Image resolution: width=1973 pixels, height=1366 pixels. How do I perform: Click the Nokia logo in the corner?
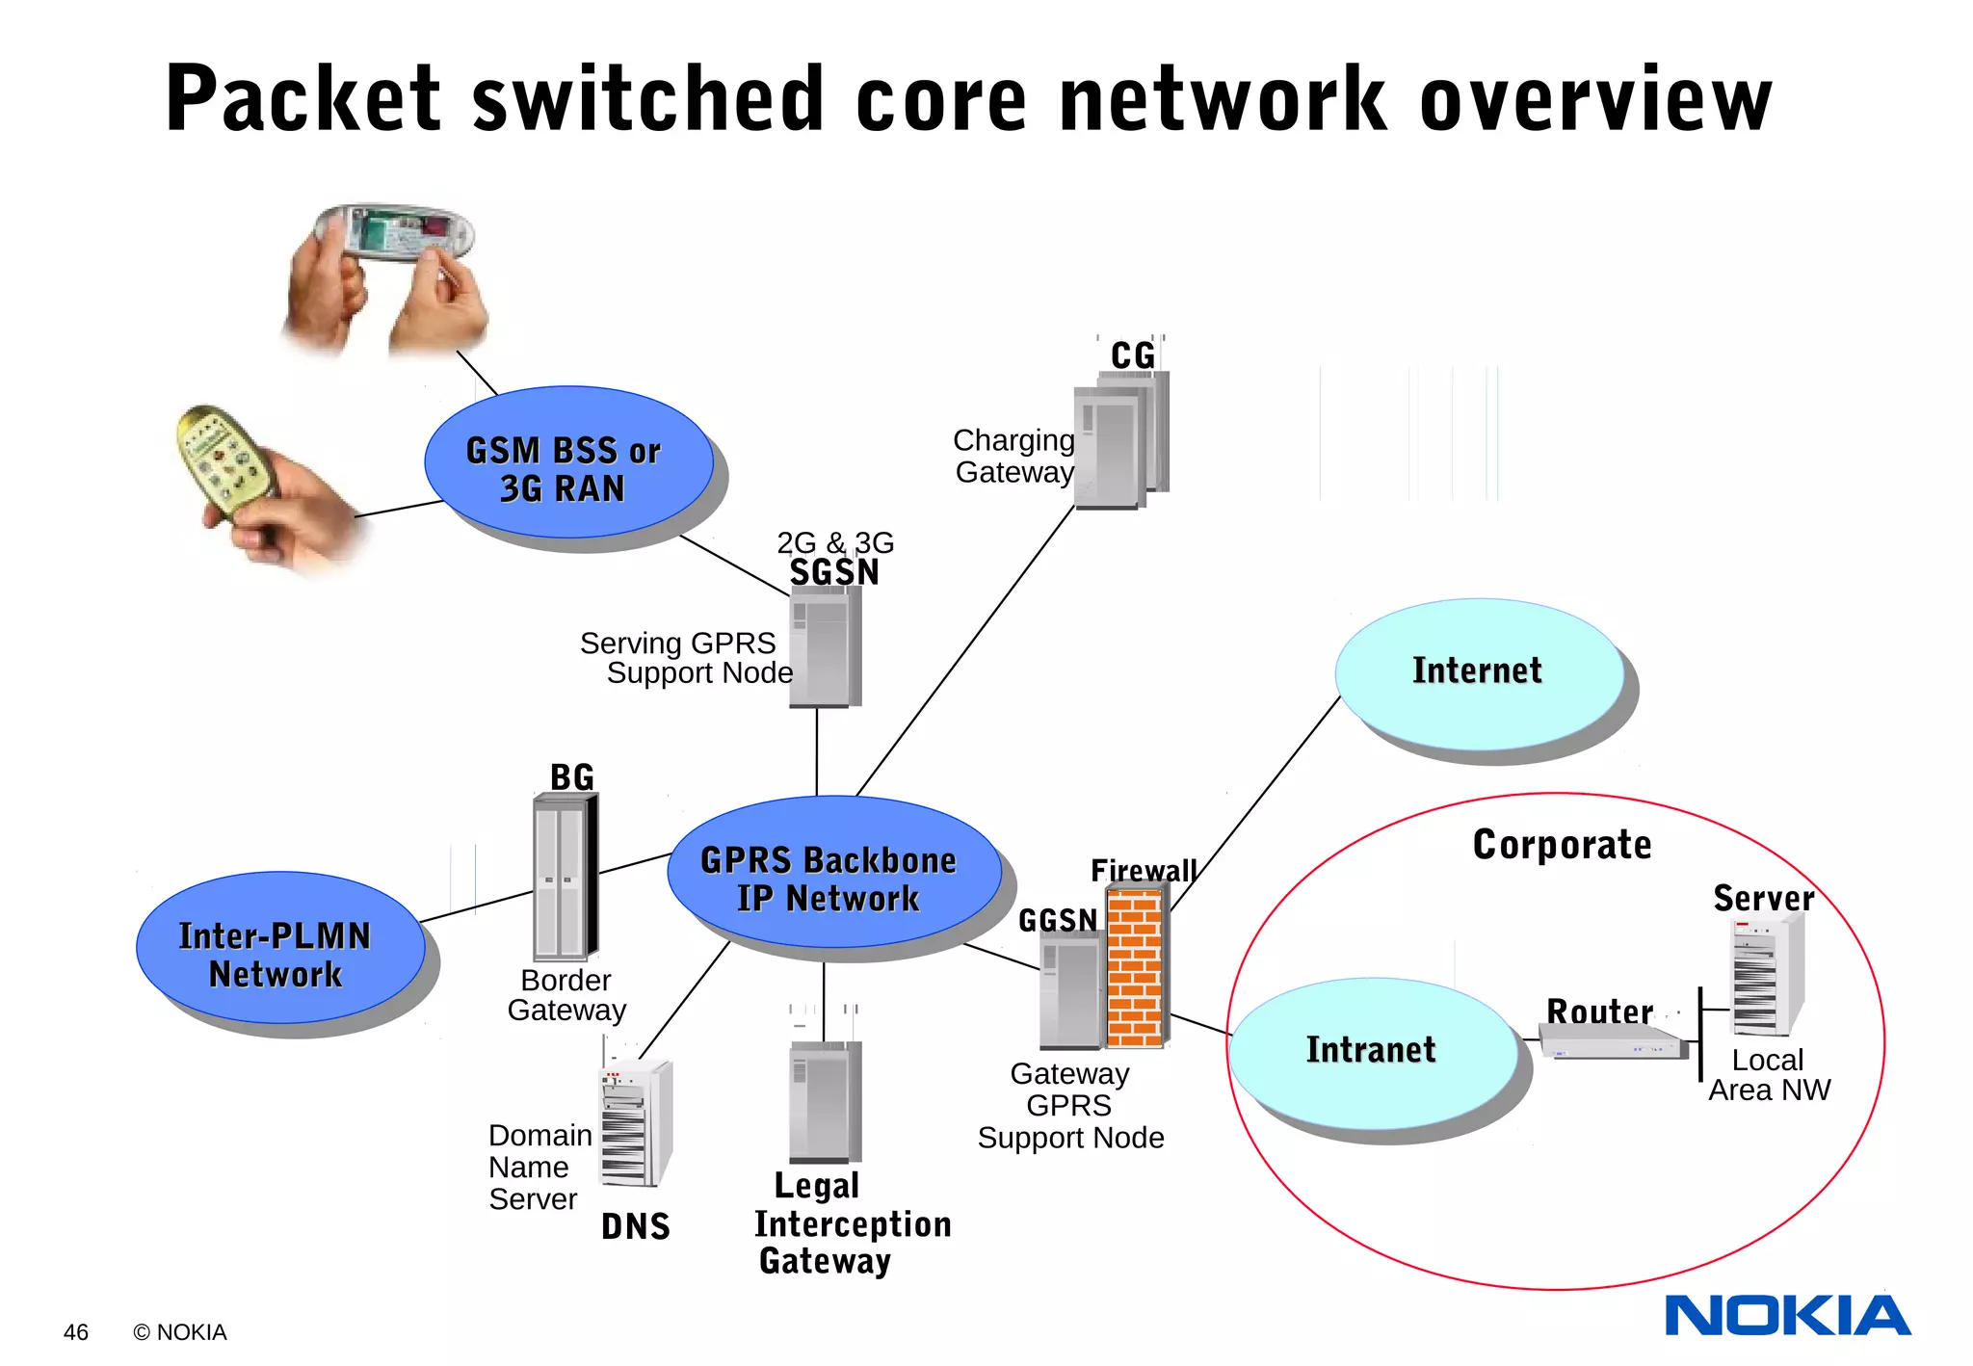pos(1787,1315)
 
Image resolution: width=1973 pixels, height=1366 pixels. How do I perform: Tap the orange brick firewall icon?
pos(1135,967)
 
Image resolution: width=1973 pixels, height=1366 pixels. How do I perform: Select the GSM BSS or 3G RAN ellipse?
pos(568,463)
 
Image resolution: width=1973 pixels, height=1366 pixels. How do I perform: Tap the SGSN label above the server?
pos(834,572)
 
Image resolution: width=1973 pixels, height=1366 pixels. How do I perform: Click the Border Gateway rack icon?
pos(565,877)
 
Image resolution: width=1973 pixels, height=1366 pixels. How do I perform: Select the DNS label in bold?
pos(635,1226)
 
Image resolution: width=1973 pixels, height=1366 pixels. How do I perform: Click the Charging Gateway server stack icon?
pos(1119,441)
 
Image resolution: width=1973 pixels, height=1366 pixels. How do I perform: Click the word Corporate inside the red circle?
pos(1562,845)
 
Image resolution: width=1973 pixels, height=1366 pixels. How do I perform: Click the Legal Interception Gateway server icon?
pos(825,1102)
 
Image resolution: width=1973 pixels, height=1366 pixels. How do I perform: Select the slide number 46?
pos(75,1332)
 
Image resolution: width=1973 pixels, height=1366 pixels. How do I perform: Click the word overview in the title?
pos(1595,100)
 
